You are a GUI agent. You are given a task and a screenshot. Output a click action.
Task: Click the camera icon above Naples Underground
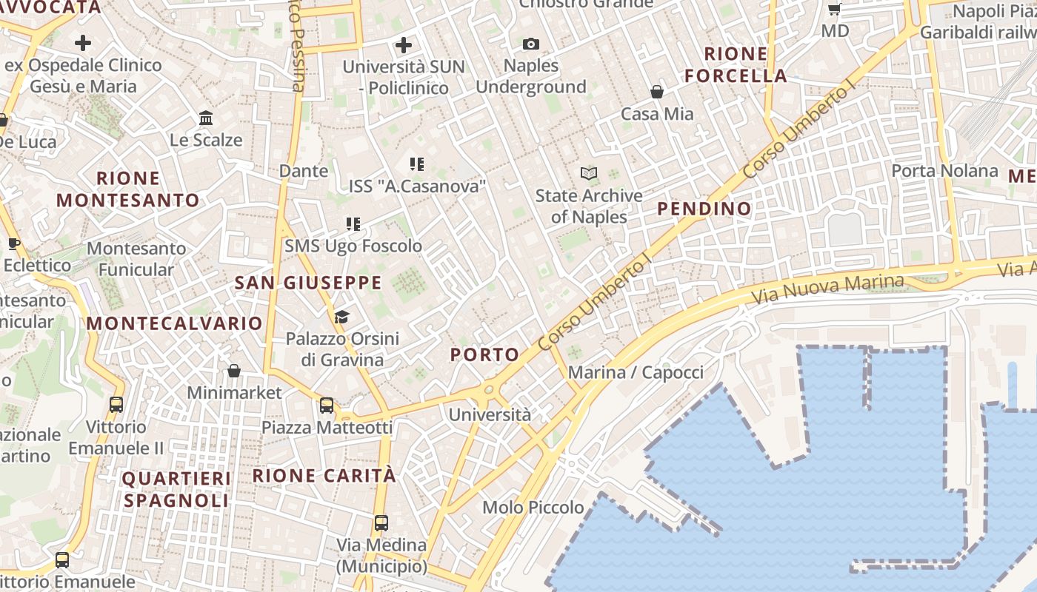point(530,44)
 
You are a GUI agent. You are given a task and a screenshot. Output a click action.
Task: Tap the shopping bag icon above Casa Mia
point(656,92)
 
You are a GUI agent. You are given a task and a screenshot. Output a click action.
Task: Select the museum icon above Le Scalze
point(206,118)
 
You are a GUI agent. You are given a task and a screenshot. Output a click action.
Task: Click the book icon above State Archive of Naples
point(589,174)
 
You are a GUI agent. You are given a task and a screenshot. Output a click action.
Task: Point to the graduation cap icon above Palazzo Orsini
point(341,317)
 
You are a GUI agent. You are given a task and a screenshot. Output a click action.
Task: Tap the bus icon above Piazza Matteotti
point(327,406)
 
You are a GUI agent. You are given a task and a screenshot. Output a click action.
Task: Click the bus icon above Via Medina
point(381,523)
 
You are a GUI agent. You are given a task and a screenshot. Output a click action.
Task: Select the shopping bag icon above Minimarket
point(234,371)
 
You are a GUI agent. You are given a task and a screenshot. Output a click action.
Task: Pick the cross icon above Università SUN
point(404,45)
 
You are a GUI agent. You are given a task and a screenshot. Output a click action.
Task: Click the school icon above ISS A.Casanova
point(417,164)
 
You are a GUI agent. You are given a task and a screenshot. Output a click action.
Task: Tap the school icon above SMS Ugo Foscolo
point(353,223)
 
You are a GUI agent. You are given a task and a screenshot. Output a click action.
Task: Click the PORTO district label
point(485,354)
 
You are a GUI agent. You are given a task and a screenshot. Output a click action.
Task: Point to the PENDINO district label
point(704,209)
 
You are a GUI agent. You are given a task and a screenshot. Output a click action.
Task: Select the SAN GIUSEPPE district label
point(308,283)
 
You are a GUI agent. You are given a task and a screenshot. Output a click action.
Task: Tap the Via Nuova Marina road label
point(827,290)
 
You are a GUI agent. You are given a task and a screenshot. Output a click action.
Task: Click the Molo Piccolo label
point(533,508)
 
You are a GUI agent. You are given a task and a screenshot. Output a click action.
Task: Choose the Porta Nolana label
point(944,171)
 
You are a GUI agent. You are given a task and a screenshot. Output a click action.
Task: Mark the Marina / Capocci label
point(636,372)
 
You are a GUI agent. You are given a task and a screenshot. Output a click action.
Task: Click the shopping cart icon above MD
point(835,10)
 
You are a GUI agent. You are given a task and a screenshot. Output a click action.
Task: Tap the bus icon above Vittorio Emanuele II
point(116,405)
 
